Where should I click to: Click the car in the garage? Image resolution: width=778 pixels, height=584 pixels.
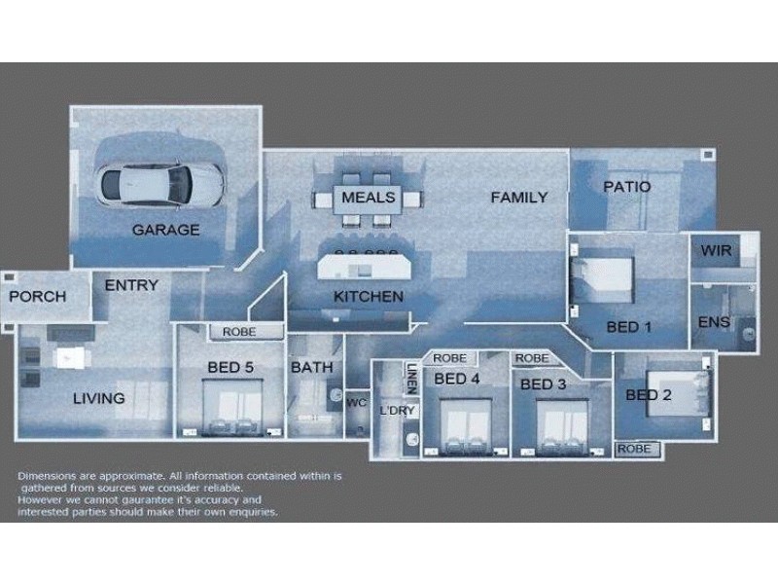(x=161, y=181)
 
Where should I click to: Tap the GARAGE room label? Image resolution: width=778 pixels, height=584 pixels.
(x=165, y=231)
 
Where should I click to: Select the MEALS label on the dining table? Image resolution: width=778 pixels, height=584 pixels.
(x=368, y=198)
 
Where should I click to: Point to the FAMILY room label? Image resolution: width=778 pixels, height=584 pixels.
(x=518, y=198)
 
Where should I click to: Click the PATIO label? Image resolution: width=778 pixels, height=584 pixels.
(x=626, y=186)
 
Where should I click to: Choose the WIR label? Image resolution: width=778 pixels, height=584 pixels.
(x=716, y=250)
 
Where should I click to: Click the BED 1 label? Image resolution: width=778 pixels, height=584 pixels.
(x=628, y=327)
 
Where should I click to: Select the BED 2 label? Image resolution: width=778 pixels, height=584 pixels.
(x=649, y=395)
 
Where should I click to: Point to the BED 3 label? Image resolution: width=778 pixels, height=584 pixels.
(x=543, y=384)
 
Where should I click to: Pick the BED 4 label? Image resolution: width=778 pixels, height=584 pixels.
(x=457, y=379)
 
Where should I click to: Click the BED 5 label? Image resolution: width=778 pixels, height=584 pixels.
(x=230, y=368)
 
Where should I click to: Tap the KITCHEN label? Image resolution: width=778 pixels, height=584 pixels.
(x=368, y=297)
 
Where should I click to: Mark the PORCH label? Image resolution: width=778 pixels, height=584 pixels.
(x=38, y=297)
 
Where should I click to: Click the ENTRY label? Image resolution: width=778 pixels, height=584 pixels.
(x=130, y=285)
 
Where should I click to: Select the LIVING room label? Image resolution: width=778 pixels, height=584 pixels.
(x=99, y=398)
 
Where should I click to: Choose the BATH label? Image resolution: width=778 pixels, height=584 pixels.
(x=311, y=368)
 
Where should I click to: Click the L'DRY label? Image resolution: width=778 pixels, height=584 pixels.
(x=397, y=411)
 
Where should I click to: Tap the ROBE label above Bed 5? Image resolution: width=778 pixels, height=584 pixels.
(x=238, y=332)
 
